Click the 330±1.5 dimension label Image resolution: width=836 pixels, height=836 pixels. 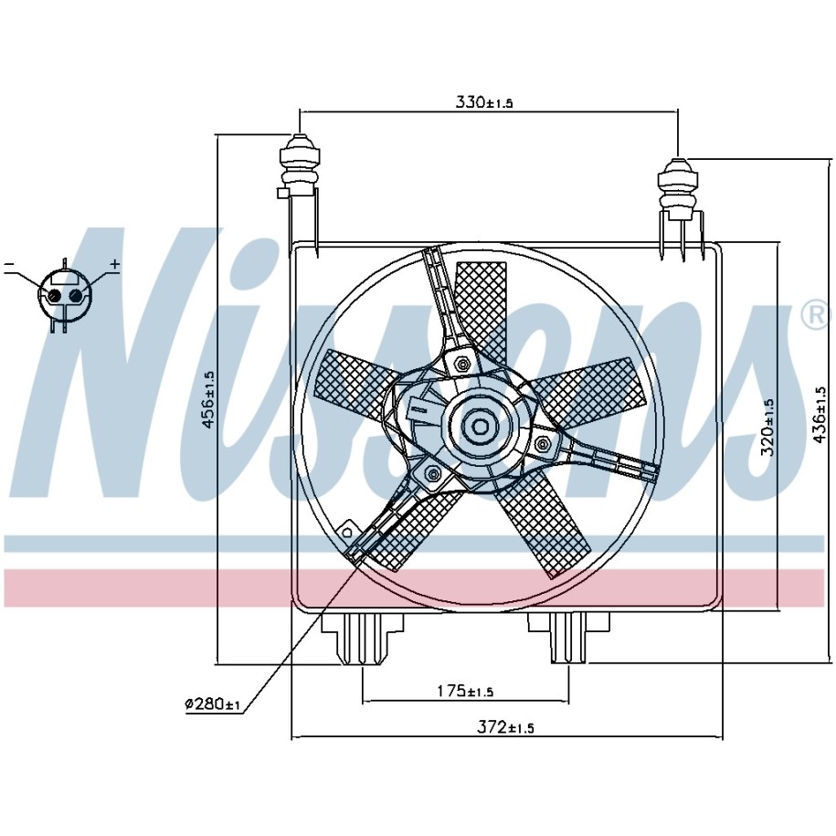coord(483,101)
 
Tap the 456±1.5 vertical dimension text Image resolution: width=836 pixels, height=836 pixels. coord(208,398)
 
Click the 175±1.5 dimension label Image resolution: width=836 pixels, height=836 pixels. coord(465,691)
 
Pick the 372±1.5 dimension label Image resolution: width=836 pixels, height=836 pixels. coord(505,727)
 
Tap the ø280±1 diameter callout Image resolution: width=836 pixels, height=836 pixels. coord(213,704)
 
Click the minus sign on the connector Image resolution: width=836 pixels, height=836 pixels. coord(8,264)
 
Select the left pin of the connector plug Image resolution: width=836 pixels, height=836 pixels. coord(53,295)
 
